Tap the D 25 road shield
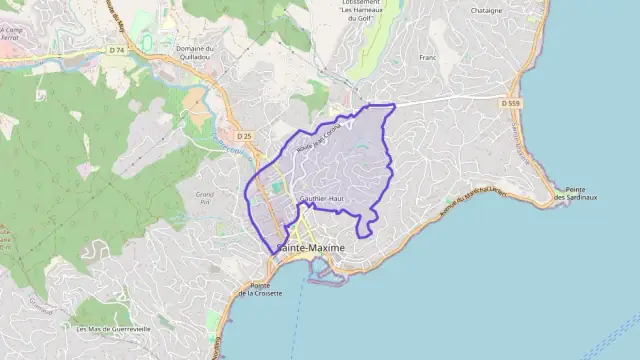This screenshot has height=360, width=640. click(x=244, y=135)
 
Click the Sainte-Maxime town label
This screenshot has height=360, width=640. click(x=310, y=248)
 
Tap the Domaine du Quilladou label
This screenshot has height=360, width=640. click(x=195, y=53)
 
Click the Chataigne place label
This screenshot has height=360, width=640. click(x=486, y=10)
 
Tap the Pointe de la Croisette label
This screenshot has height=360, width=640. click(x=260, y=289)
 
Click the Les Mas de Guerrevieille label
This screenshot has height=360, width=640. click(x=113, y=328)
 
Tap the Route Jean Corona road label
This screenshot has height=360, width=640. click(x=319, y=135)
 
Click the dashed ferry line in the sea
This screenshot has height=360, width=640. click(x=296, y=320)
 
